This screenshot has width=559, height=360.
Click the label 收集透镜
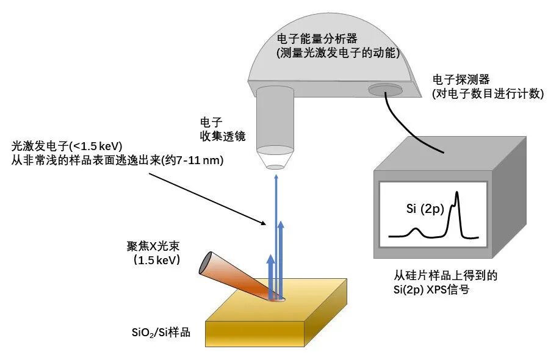coord(222,136)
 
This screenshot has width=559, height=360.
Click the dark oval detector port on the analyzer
coord(385,90)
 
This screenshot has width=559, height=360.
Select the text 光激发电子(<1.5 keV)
coord(68,146)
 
